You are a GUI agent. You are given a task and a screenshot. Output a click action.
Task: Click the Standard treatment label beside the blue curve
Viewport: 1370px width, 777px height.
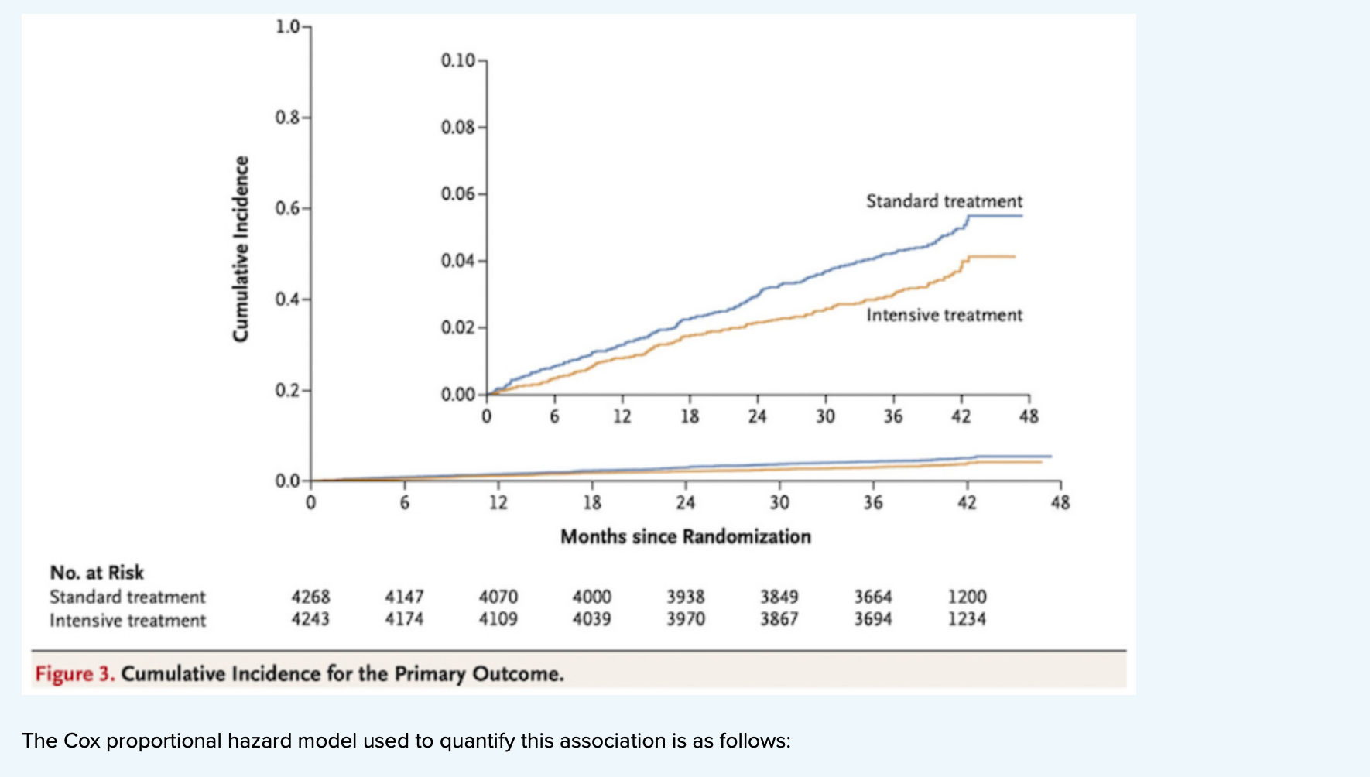tap(944, 201)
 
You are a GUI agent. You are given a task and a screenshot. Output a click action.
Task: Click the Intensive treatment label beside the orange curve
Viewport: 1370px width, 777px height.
tap(944, 315)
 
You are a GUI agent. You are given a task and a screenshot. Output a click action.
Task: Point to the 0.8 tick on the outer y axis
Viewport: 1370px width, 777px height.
tap(288, 118)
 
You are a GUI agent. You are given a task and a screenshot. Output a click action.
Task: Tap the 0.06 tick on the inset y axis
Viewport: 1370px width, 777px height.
tap(458, 193)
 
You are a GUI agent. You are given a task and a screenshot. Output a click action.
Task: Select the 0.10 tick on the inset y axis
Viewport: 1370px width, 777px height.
tap(458, 60)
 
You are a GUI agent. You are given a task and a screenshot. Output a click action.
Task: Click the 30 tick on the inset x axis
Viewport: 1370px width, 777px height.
tap(825, 416)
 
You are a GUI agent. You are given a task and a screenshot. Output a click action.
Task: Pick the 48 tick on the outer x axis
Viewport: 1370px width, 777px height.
tap(1060, 503)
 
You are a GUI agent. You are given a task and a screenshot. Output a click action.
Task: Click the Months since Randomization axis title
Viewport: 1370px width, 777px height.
tap(685, 536)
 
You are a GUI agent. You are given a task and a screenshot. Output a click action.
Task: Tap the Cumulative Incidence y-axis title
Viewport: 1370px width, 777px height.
tap(241, 248)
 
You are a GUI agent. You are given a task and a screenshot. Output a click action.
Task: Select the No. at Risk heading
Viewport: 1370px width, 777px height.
tap(97, 573)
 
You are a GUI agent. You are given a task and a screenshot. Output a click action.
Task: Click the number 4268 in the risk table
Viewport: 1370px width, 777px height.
tap(310, 597)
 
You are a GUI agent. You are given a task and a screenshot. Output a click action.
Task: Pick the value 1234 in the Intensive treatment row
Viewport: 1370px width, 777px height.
tap(967, 619)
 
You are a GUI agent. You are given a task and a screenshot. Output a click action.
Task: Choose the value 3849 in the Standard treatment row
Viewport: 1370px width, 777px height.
tap(779, 597)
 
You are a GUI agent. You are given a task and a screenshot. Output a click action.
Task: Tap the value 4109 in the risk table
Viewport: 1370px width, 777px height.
tap(498, 619)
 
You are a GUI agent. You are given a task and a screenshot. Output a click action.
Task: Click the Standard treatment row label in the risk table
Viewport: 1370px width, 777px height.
tap(128, 597)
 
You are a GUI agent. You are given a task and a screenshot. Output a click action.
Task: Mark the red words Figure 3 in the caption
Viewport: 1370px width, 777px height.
tap(74, 673)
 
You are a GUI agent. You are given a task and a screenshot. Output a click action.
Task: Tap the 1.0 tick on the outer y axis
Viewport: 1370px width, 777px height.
tap(288, 27)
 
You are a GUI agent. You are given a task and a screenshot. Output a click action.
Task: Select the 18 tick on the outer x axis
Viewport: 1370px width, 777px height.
tap(592, 503)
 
